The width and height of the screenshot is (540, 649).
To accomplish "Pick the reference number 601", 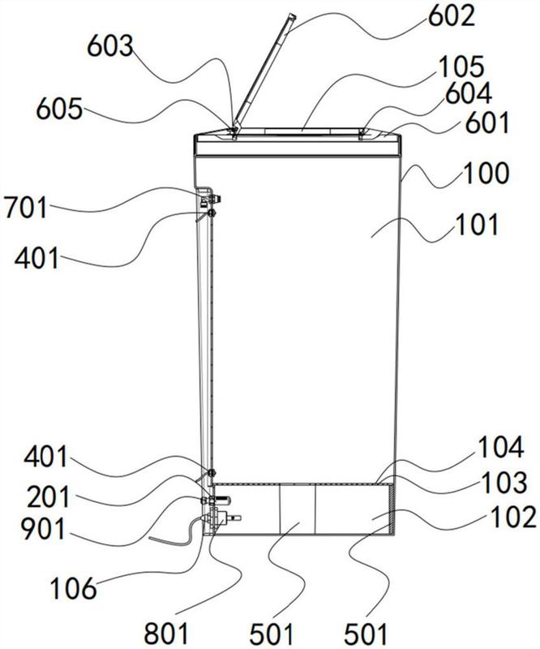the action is pos(488,123).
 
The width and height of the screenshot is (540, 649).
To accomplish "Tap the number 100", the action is pos(486,174).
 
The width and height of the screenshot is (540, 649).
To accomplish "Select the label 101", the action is pos(476,225).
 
